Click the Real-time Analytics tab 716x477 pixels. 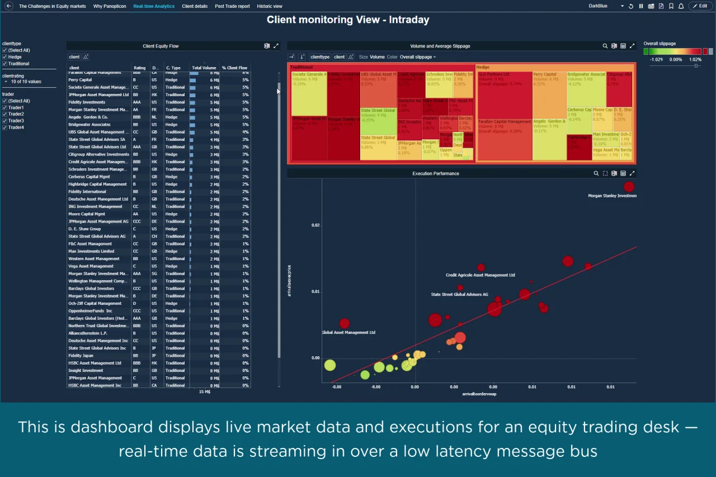(x=154, y=6)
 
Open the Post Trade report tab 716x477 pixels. (x=232, y=6)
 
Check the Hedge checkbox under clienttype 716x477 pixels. (x=4, y=57)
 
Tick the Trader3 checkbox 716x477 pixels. (x=4, y=121)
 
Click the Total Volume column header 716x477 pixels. (x=204, y=68)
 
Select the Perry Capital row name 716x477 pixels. (x=80, y=80)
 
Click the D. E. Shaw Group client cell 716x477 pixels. (x=84, y=229)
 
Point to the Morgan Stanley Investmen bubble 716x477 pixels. (x=629, y=187)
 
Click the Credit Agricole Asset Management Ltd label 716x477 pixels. (x=480, y=275)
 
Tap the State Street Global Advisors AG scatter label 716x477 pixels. (x=459, y=294)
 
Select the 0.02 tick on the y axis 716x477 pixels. (x=315, y=225)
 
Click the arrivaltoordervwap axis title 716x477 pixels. (x=479, y=394)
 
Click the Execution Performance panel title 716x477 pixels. (x=435, y=173)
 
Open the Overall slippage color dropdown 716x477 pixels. (x=418, y=57)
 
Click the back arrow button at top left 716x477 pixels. (x=9, y=6)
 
